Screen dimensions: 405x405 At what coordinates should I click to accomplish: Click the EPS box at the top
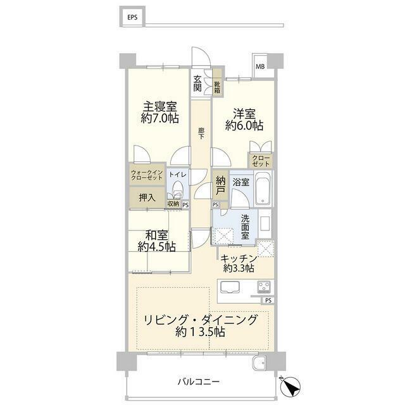(x=132, y=17)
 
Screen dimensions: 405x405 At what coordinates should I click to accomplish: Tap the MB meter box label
(x=260, y=65)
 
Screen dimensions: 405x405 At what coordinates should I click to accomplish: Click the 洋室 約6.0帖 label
(x=245, y=120)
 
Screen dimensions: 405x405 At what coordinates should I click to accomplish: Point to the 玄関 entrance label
(x=198, y=84)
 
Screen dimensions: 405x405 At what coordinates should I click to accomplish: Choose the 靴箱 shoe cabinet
(x=216, y=87)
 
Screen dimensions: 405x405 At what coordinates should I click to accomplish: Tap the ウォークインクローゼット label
(x=147, y=175)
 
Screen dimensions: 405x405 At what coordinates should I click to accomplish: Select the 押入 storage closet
(x=147, y=197)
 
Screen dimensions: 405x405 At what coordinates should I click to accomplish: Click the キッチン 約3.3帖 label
(x=238, y=263)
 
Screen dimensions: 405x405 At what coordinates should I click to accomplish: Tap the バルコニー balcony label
(x=198, y=382)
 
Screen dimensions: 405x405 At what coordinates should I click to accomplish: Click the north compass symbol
(x=287, y=385)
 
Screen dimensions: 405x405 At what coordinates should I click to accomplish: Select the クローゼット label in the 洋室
(x=260, y=161)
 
